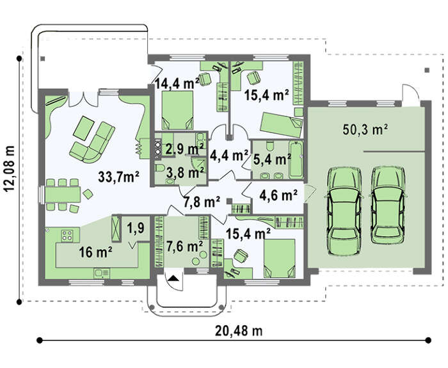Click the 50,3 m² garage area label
[x=365, y=130]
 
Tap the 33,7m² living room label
[x=118, y=177]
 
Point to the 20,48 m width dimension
[x=239, y=331]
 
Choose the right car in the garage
[x=388, y=204]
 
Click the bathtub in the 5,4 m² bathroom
[x=296, y=159]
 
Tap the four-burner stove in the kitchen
[x=67, y=235]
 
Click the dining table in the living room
[x=63, y=195]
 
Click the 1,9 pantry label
[x=136, y=228]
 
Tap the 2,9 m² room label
[x=184, y=148]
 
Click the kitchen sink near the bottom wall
[x=102, y=273]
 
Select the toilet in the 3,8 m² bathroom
[x=160, y=168]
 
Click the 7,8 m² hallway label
[x=202, y=202]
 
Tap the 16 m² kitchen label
[x=95, y=252]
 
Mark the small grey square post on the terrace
[x=43, y=59]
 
